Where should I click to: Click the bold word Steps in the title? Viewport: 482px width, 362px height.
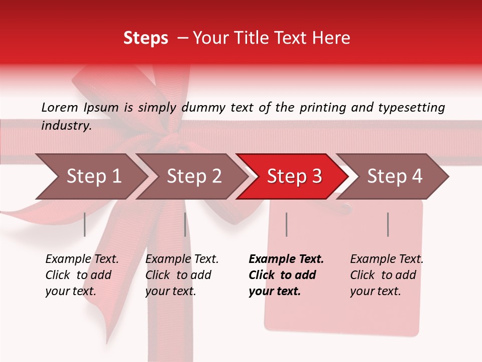click(x=146, y=38)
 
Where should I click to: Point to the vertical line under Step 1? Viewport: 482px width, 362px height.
click(x=85, y=224)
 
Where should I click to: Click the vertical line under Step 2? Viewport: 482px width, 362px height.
click(x=185, y=224)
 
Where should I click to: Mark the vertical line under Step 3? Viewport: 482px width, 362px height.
click(x=286, y=224)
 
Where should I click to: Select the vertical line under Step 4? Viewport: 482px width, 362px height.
click(x=388, y=224)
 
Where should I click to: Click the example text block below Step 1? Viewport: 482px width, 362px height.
click(x=82, y=275)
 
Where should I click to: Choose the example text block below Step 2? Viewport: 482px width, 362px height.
click(x=182, y=275)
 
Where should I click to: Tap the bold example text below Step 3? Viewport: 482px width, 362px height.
click(x=286, y=275)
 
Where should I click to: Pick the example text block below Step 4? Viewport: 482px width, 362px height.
click(x=387, y=275)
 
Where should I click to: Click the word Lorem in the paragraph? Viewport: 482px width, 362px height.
click(x=60, y=107)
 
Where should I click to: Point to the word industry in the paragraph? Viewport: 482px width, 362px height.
click(x=66, y=126)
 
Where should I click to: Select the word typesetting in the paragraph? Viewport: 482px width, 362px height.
click(x=414, y=108)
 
